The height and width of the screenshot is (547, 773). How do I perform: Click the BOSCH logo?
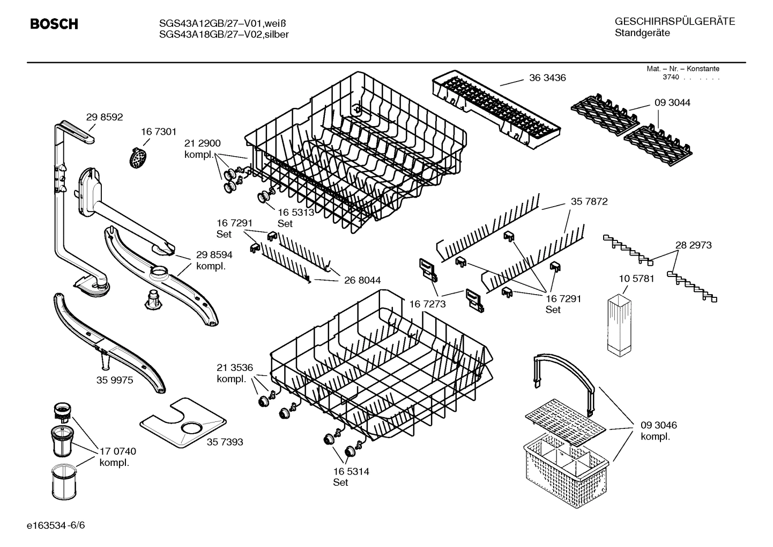[54, 24]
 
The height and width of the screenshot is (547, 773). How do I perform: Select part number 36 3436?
[547, 78]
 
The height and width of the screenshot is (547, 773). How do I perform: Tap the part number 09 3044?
[672, 103]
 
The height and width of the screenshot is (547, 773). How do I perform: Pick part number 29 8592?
[105, 116]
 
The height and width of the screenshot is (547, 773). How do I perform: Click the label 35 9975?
[115, 380]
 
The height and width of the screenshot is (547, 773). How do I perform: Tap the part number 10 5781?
[636, 279]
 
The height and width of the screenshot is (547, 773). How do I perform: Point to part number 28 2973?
[693, 245]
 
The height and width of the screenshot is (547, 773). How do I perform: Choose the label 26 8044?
[362, 280]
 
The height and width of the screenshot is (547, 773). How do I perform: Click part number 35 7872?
[589, 202]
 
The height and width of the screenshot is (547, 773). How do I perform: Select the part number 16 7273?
[427, 304]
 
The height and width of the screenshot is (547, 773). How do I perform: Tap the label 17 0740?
[118, 451]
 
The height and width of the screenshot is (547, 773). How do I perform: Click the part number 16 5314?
[351, 472]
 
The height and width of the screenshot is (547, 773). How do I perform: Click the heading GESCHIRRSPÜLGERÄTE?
[674, 21]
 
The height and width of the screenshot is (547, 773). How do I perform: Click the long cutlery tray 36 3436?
[495, 107]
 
